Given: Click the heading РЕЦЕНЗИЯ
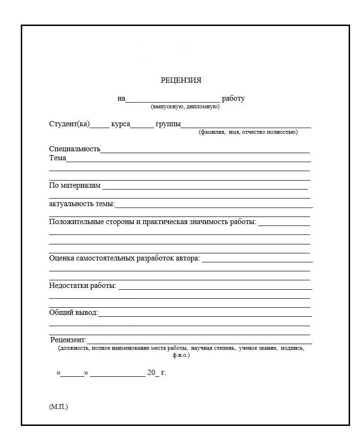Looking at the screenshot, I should click(181, 80).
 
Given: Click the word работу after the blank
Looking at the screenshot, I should click(233, 99).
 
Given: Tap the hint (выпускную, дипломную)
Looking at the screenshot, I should click(185, 107).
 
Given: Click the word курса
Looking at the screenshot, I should click(120, 124).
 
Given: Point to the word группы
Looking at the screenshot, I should click(168, 125).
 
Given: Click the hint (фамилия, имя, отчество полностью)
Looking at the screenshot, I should click(248, 132).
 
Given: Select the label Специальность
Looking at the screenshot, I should click(75, 149).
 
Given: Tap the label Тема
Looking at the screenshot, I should click(58, 158).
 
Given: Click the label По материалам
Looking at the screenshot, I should click(75, 185).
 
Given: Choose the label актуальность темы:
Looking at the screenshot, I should click(82, 204).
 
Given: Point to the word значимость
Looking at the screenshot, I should click(209, 222).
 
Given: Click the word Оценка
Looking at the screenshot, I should click(60, 259).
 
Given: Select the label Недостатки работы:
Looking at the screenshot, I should click(83, 286).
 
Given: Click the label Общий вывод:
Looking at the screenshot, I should click(74, 313).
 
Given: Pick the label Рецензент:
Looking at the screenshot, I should click(69, 340).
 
